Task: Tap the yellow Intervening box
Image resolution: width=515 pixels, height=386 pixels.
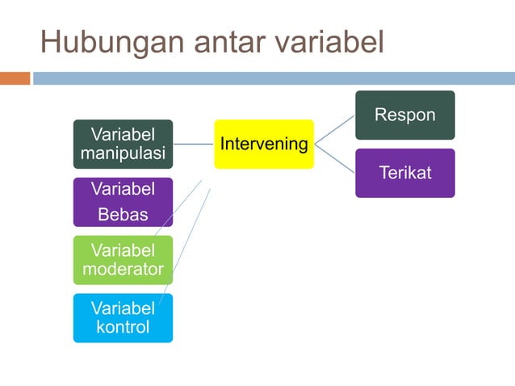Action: (x=264, y=145)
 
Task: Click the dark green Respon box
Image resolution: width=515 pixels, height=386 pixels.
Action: (x=405, y=115)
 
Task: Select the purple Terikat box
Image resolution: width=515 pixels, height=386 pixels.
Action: (x=405, y=173)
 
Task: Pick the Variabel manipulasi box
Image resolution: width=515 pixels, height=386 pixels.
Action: (x=123, y=144)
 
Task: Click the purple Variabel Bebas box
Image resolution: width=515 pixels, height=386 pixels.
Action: (x=123, y=202)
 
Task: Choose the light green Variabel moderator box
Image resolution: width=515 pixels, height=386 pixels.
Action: (x=123, y=259)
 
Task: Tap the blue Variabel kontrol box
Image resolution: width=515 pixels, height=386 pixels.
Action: (x=123, y=317)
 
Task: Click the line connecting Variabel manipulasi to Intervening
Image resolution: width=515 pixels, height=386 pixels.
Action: (x=193, y=145)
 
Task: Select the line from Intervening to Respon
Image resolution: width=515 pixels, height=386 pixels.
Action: (x=334, y=129)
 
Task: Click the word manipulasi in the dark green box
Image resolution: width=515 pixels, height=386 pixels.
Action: (x=123, y=153)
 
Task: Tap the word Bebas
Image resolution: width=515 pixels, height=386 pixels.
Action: (x=123, y=215)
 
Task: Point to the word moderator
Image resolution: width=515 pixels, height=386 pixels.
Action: (x=123, y=269)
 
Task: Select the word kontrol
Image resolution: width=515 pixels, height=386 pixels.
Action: (x=123, y=327)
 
